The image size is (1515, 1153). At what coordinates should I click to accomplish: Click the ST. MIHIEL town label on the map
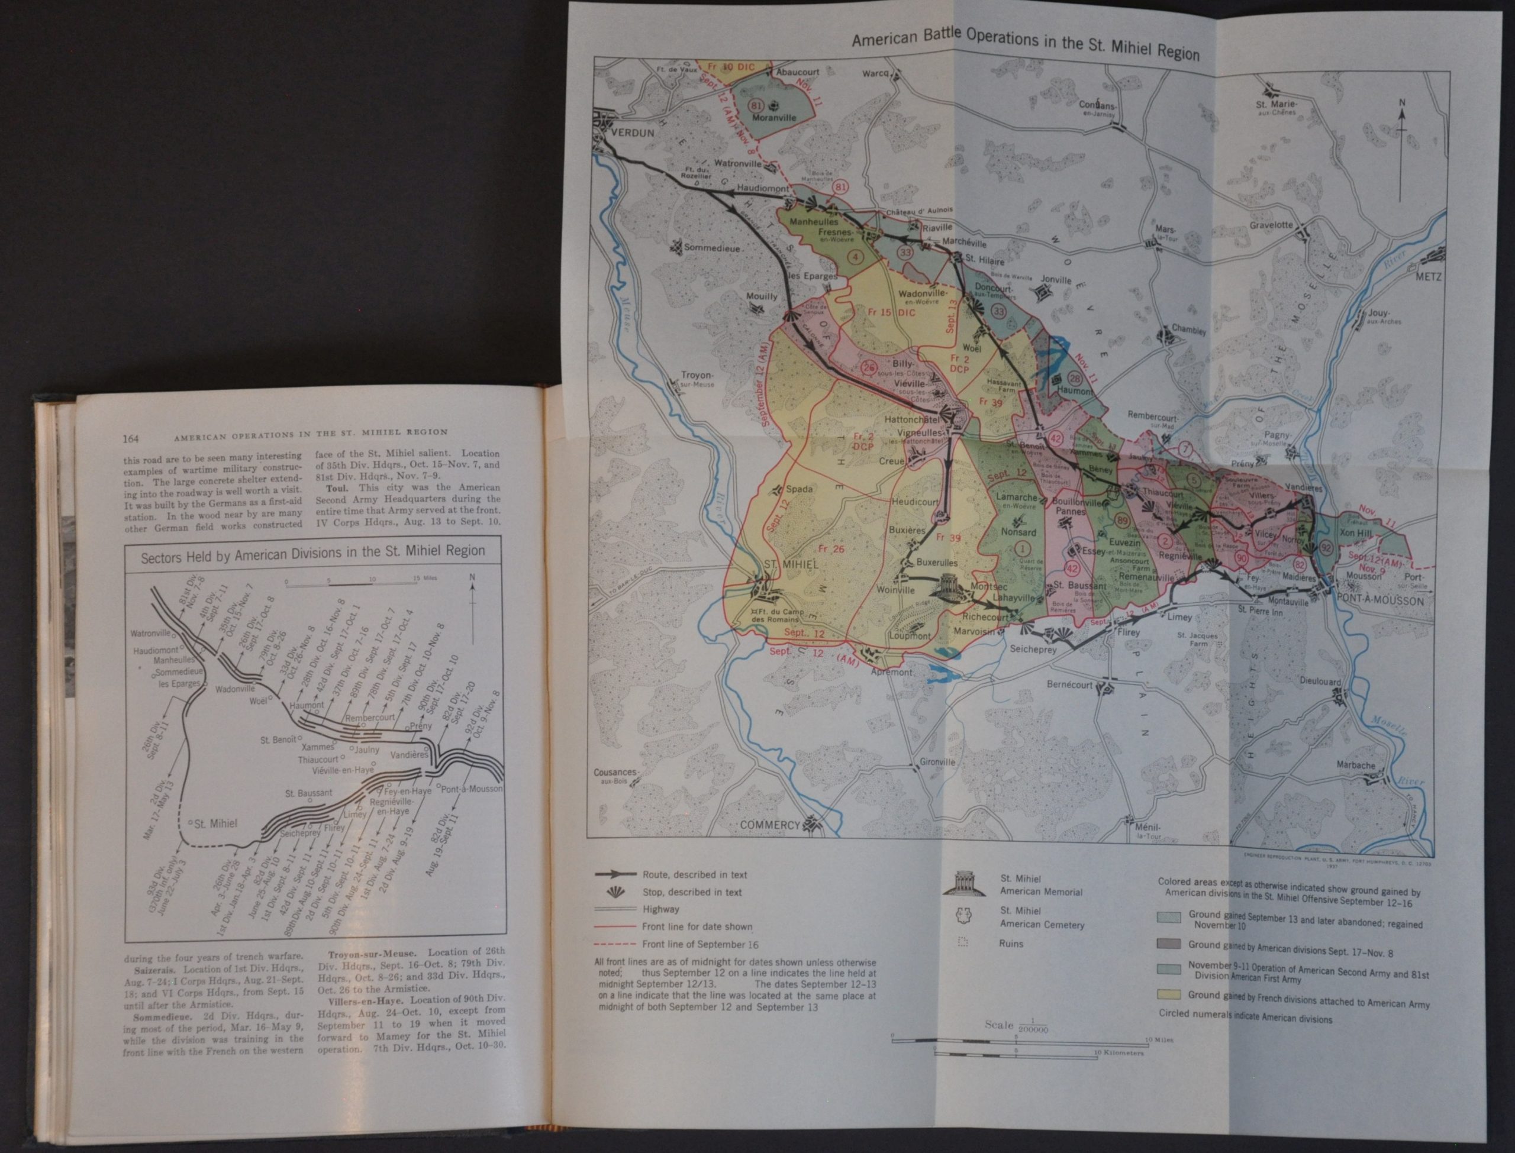tap(790, 563)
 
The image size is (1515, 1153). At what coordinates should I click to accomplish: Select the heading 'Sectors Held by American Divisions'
tap(312, 551)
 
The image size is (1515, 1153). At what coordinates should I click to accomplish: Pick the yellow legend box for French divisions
tap(1169, 995)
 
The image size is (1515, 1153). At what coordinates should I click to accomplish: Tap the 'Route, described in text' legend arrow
tap(615, 875)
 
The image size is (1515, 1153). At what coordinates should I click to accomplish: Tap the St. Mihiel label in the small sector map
tap(215, 823)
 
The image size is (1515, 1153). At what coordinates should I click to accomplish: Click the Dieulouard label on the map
tap(1320, 682)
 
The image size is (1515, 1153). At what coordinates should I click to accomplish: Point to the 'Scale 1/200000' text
tap(1016, 1026)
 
